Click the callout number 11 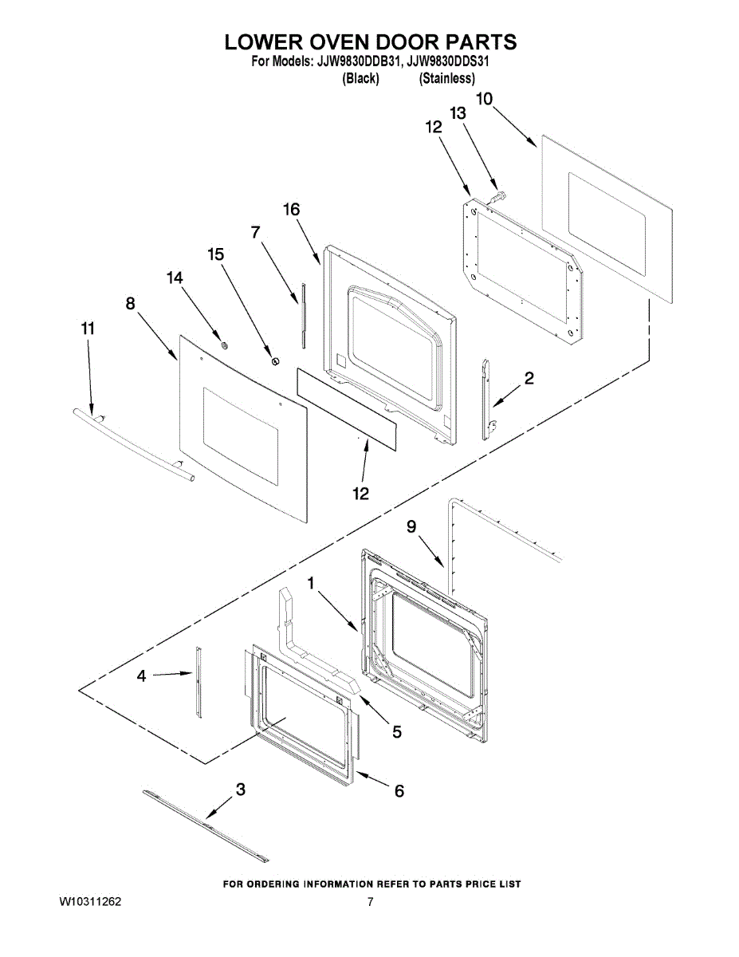[x=87, y=328]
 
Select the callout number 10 [x=484, y=99]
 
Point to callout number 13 [x=457, y=114]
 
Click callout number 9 [x=411, y=526]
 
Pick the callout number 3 [x=240, y=790]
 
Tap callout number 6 [x=399, y=790]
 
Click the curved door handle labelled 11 [x=132, y=443]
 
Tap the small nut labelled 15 [x=276, y=361]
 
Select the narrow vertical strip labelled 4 [x=198, y=683]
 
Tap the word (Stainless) [x=447, y=78]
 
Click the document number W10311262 [x=90, y=902]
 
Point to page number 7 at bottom [x=370, y=902]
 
